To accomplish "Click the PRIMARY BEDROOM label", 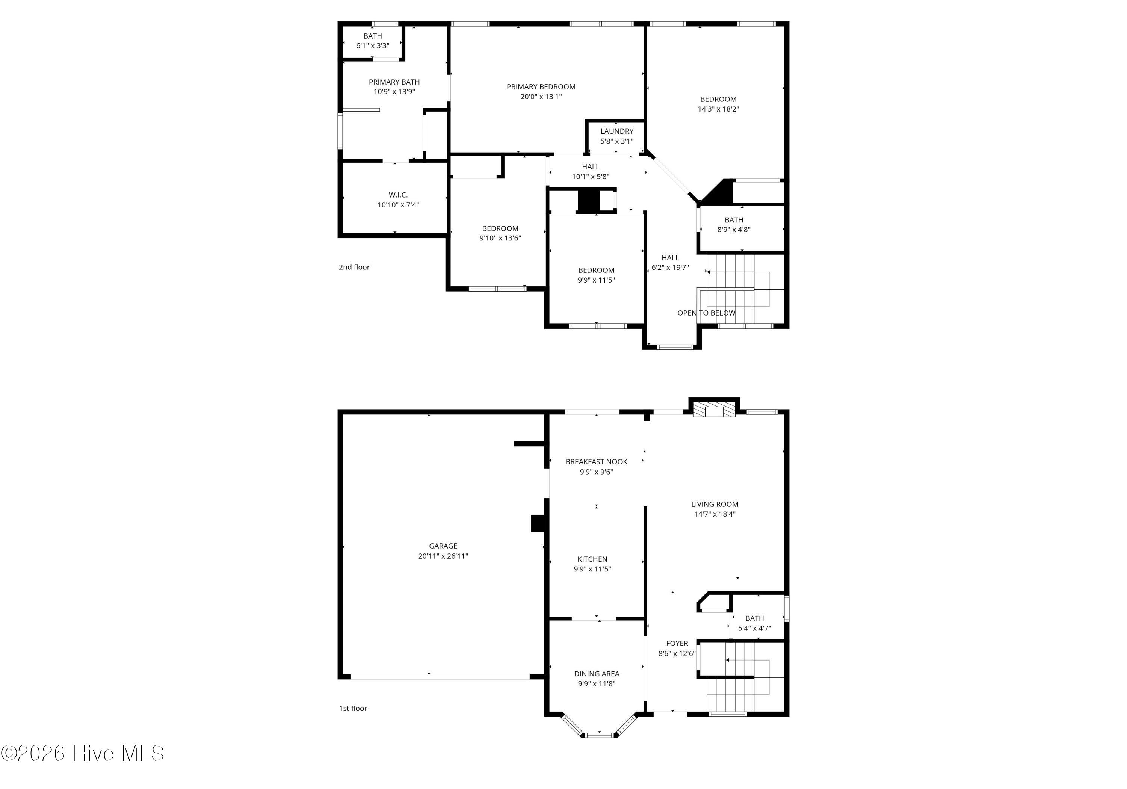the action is tap(541, 87).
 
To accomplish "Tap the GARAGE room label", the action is tap(443, 546).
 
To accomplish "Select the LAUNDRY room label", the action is tap(616, 131).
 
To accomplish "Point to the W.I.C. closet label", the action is tap(398, 195).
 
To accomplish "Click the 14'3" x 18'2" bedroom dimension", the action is tap(718, 109).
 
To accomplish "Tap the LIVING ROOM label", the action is tap(715, 504).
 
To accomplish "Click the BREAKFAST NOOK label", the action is tap(597, 461).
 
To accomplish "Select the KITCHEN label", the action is tap(592, 559).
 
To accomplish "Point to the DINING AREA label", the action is tap(597, 674).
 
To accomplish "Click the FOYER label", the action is tap(677, 644).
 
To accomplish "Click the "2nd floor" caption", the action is tap(354, 267).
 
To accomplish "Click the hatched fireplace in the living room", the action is tap(714, 411).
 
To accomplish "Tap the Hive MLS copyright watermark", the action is tap(83, 753).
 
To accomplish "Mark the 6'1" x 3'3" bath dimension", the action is tap(373, 46).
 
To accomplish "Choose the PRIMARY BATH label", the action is tap(394, 82).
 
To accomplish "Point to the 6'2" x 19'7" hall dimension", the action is tap(670, 268).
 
